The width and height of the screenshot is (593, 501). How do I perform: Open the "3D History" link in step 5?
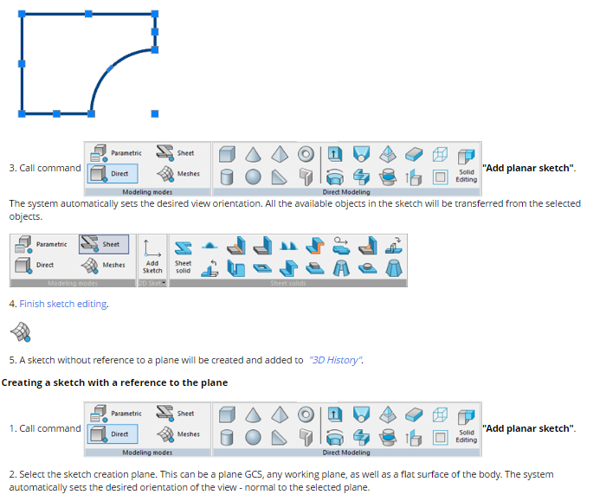click(x=335, y=360)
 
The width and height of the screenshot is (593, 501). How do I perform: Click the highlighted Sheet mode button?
click(x=104, y=244)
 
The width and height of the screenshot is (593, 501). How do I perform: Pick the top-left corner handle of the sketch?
click(x=22, y=14)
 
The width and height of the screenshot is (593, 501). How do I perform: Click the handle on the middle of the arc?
click(x=109, y=67)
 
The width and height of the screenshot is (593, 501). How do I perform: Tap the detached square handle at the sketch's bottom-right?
click(x=155, y=113)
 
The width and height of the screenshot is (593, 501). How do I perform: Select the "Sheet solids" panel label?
click(x=289, y=283)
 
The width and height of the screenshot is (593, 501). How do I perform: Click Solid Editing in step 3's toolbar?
click(x=467, y=176)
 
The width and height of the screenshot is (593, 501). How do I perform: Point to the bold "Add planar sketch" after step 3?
click(x=528, y=168)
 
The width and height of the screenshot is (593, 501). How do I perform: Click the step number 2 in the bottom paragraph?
click(x=12, y=475)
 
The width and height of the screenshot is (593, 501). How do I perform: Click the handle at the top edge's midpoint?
click(x=88, y=14)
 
